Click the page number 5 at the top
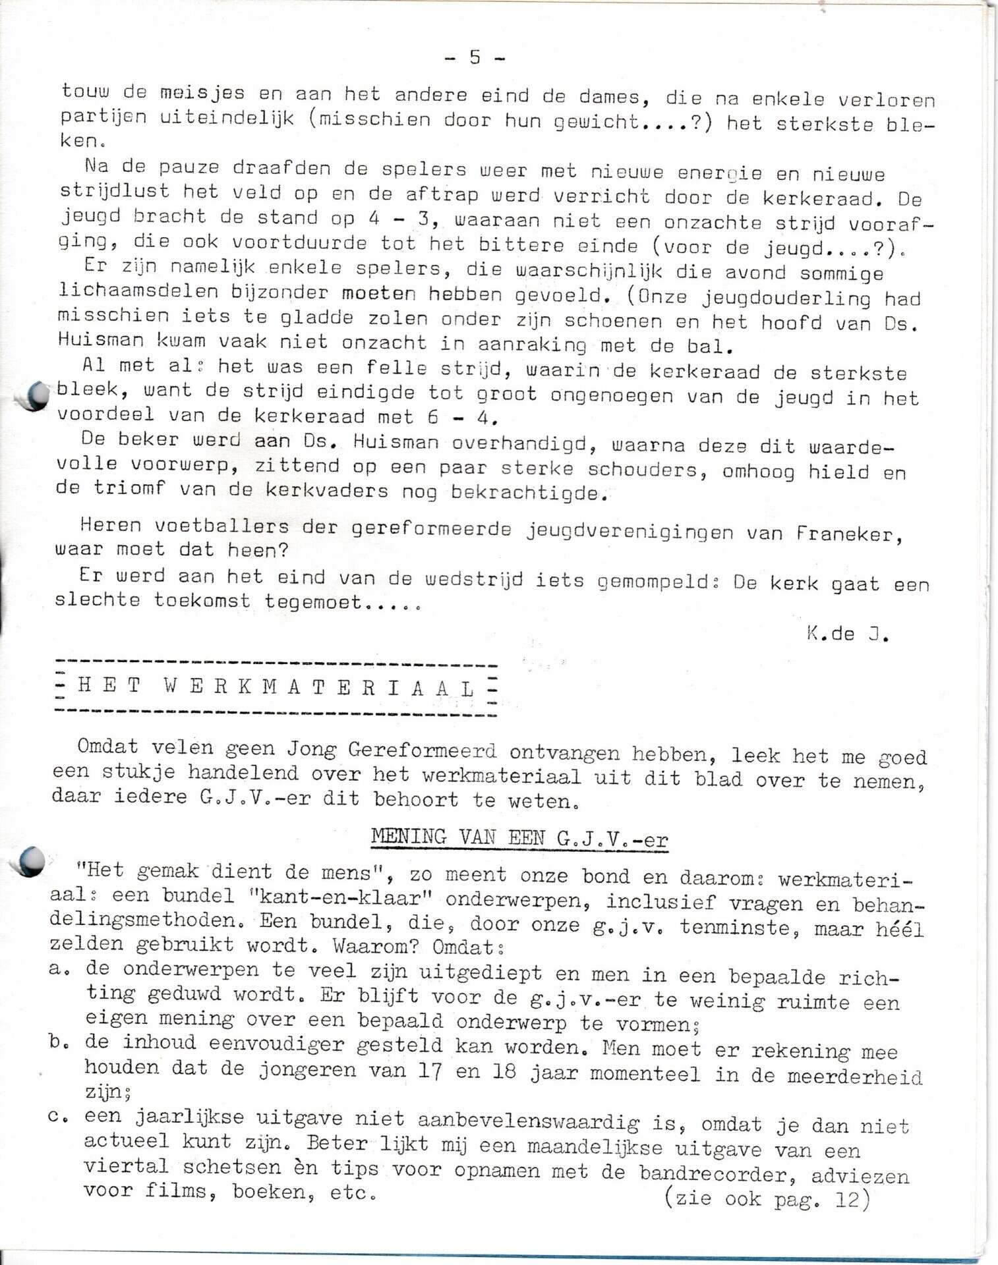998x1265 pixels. [x=475, y=58]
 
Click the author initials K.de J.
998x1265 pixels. [x=847, y=634]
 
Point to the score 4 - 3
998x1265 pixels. [x=402, y=218]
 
